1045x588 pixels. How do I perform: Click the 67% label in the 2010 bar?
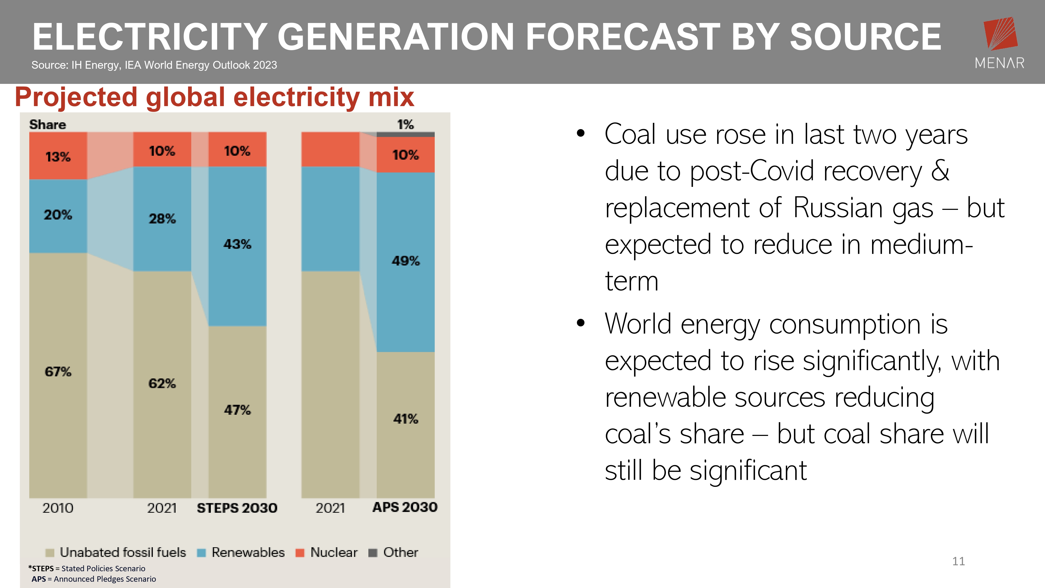pyautogui.click(x=58, y=371)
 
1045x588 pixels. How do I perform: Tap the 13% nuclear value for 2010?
pyautogui.click(x=58, y=157)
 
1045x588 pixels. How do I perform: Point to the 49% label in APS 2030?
pyautogui.click(x=406, y=261)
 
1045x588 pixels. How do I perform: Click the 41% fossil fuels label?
pyautogui.click(x=406, y=418)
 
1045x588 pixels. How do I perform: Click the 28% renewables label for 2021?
pyautogui.click(x=162, y=219)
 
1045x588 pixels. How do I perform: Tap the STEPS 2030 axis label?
pyautogui.click(x=237, y=508)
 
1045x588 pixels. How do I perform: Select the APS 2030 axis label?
pyautogui.click(x=405, y=507)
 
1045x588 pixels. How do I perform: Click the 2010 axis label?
pyautogui.click(x=58, y=508)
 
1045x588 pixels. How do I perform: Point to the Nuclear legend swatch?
pyautogui.click(x=300, y=553)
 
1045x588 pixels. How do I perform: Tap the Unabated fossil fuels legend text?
pyautogui.click(x=123, y=552)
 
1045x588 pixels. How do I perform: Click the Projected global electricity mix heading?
pyautogui.click(x=214, y=97)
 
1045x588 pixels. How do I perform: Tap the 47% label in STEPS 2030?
pyautogui.click(x=237, y=410)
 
